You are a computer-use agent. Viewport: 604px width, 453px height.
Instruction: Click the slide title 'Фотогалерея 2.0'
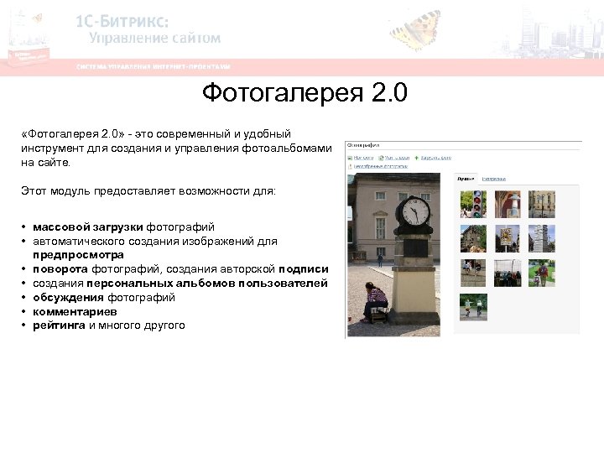[x=304, y=92]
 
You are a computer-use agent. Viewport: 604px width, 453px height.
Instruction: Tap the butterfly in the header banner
[x=415, y=30]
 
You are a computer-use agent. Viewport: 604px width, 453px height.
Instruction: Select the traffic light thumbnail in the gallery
[x=473, y=204]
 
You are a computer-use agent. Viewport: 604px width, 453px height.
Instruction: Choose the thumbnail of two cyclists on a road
[x=473, y=307]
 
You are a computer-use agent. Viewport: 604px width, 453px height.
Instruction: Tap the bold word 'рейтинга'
[x=59, y=325]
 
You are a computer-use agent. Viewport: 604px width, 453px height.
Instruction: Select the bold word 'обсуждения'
[x=68, y=297]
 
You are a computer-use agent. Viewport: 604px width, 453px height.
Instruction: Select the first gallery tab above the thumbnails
[x=466, y=179]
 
